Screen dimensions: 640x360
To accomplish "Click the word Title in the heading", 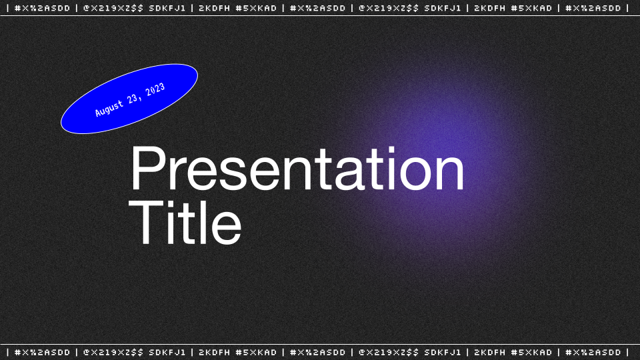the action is click(x=185, y=222).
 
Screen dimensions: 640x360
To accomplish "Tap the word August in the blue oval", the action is click(x=109, y=108).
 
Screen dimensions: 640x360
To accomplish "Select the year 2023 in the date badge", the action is click(x=155, y=90).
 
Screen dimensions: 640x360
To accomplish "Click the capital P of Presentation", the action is click(x=146, y=168).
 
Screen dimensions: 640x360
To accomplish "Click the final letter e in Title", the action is click(x=227, y=228).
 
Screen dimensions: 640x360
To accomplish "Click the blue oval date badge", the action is click(x=129, y=99).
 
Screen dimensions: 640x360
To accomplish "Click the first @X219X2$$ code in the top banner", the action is click(x=113, y=8).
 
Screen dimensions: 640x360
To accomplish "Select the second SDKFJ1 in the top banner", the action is click(x=443, y=8).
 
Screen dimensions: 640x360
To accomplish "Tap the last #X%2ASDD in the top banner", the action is click(x=593, y=8).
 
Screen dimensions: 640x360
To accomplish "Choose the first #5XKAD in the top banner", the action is click(x=256, y=8).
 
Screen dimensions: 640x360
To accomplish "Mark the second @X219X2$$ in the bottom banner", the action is click(x=389, y=352).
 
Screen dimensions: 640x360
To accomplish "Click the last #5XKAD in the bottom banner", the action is click(x=531, y=352).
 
